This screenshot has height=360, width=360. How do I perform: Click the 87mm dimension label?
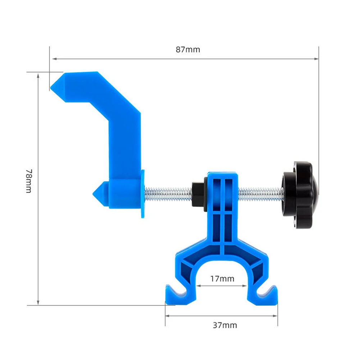[188, 50]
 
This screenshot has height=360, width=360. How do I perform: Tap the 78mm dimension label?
[29, 181]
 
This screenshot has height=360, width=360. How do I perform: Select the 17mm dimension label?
[222, 279]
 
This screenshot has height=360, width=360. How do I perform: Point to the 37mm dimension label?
[225, 325]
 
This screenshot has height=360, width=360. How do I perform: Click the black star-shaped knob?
[300, 195]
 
